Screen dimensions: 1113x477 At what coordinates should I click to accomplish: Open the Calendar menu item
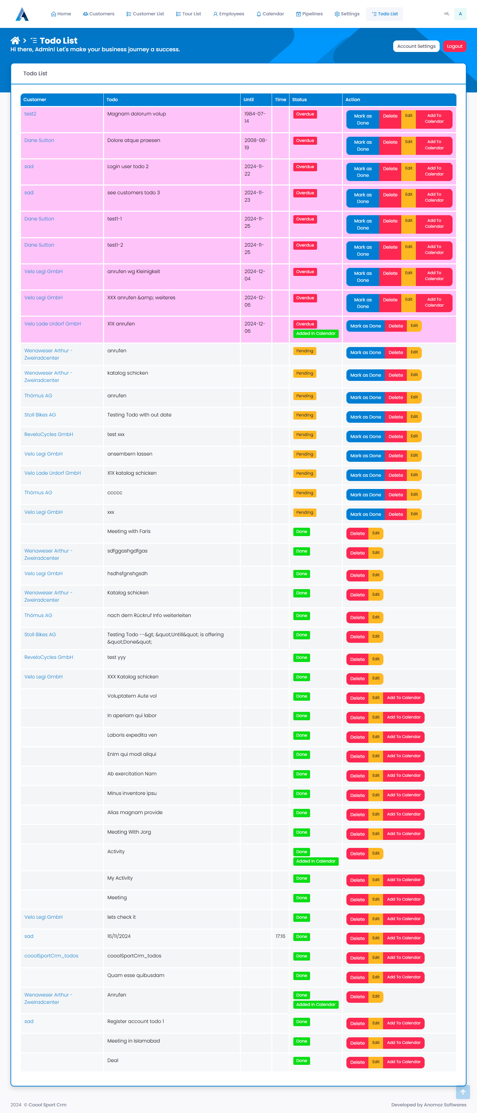click(270, 14)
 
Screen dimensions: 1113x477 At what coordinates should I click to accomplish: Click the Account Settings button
click(416, 46)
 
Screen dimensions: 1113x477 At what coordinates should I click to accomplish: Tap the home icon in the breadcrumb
click(15, 40)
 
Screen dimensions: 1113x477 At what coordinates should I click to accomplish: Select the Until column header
click(249, 99)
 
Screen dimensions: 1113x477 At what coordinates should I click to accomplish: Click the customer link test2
click(30, 114)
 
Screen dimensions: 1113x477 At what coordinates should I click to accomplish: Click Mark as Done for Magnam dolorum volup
click(362, 119)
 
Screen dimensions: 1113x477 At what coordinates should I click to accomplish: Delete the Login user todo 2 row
click(390, 168)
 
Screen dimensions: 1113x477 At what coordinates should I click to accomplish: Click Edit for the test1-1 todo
click(408, 220)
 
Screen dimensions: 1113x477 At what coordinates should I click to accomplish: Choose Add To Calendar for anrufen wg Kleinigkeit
click(434, 276)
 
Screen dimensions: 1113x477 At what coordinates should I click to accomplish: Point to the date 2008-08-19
click(255, 144)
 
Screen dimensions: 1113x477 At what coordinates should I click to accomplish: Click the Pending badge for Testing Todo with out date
click(304, 415)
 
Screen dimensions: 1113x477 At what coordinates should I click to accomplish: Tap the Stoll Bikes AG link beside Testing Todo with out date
click(40, 415)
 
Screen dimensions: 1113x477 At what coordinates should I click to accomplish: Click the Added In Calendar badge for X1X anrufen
click(316, 333)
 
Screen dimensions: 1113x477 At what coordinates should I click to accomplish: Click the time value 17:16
click(280, 936)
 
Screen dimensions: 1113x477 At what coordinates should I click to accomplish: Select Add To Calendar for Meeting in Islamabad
click(403, 1043)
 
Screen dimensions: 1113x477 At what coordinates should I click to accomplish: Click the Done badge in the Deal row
click(301, 1061)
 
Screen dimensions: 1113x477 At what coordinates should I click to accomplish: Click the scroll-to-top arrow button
click(463, 1092)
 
